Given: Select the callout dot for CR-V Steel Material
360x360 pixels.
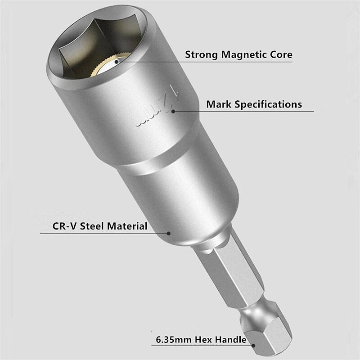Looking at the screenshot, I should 169,233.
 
